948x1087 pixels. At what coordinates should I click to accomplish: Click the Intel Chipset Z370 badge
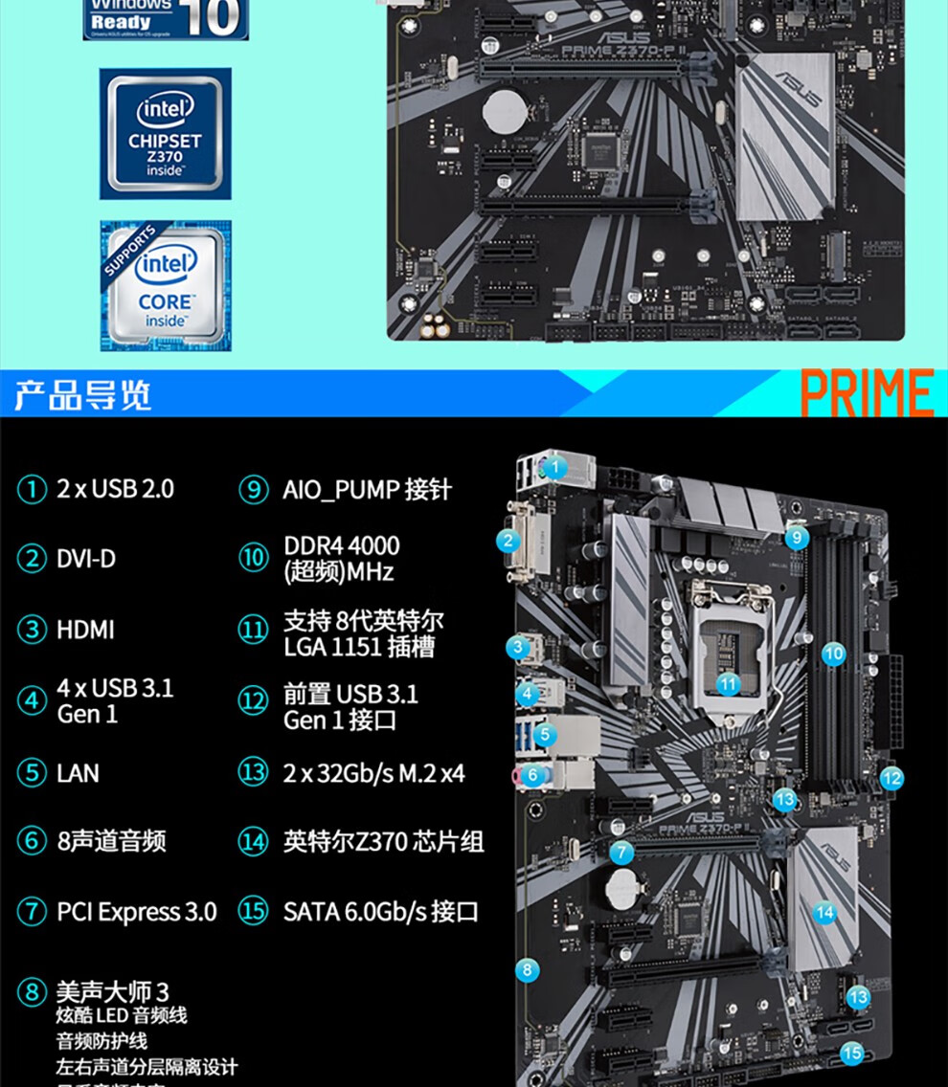166,133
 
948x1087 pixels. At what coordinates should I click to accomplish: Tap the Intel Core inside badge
166,285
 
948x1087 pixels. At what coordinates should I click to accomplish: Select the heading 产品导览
83,394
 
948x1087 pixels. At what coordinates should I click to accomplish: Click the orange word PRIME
867,393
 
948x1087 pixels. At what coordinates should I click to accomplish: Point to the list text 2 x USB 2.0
115,489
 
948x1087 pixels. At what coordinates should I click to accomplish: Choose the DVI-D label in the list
86,559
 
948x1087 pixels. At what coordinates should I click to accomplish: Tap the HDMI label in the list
85,630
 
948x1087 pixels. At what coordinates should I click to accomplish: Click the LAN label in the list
78,773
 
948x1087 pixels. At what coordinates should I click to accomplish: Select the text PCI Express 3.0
137,912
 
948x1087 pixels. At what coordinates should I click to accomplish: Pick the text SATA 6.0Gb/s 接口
380,912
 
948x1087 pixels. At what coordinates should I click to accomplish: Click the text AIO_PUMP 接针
367,490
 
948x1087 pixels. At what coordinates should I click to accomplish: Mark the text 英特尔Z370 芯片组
383,842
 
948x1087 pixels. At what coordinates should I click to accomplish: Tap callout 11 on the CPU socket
729,683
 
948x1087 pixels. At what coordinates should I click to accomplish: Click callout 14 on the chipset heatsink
824,912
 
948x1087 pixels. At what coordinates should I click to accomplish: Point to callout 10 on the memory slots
834,654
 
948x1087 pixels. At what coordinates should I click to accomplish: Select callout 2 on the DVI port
508,541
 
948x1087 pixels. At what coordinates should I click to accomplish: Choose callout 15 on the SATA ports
851,1054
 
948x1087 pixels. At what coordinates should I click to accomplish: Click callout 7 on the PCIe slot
621,852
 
